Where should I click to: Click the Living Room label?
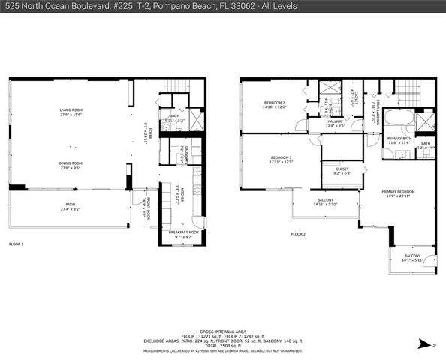pyautogui.click(x=71, y=111)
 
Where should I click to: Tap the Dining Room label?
pyautogui.click(x=71, y=163)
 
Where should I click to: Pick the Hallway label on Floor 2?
pyautogui.click(x=335, y=121)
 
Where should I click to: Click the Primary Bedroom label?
pyautogui.click(x=399, y=193)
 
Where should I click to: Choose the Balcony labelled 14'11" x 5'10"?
pyautogui.click(x=325, y=200)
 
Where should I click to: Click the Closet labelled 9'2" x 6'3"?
pyautogui.click(x=341, y=171)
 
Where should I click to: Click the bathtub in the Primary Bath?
pyautogui.click(x=396, y=118)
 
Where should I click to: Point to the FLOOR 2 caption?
pyautogui.click(x=298, y=234)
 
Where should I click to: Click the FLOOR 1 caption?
pyautogui.click(x=16, y=244)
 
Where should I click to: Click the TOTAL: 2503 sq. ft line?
pyautogui.click(x=222, y=345)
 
